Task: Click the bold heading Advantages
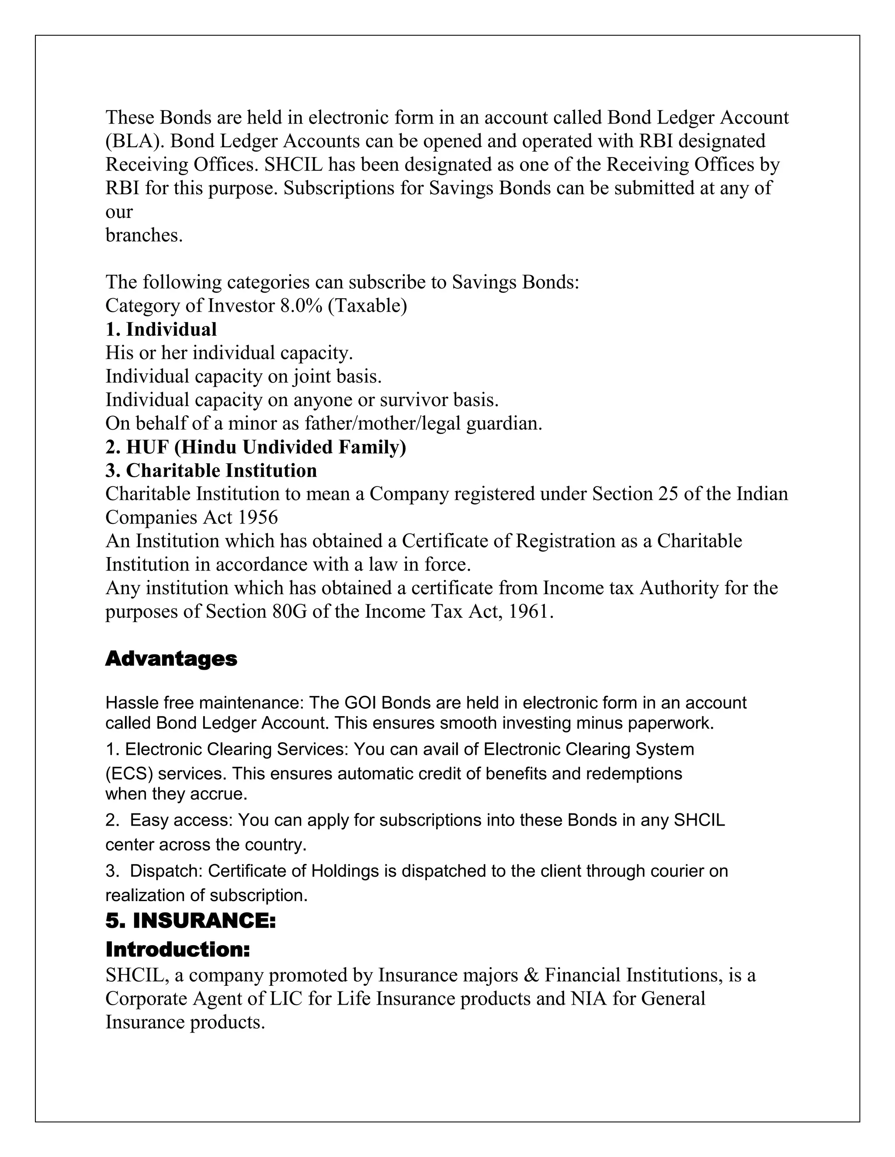[x=171, y=658]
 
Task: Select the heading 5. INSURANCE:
[x=191, y=921]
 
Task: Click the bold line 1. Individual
[x=161, y=329]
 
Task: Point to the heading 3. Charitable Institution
[x=211, y=470]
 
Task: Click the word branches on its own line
[x=144, y=235]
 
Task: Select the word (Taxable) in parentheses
[x=368, y=306]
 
